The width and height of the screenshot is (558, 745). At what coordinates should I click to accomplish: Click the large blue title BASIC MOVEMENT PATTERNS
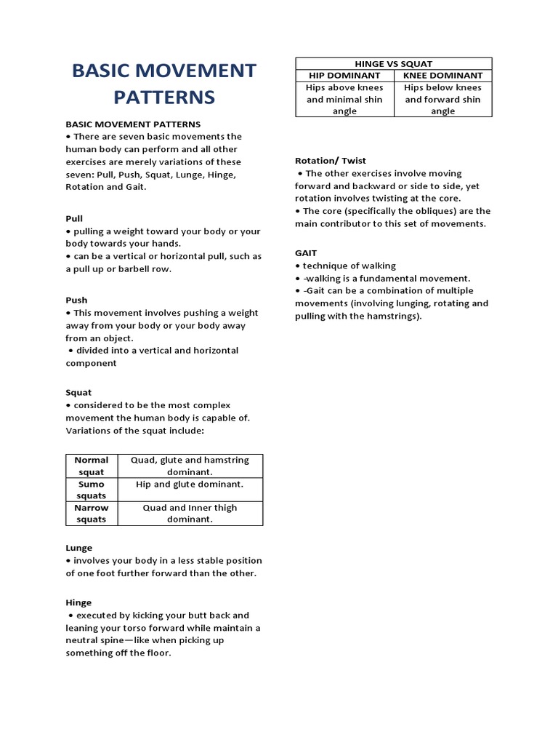pos(163,84)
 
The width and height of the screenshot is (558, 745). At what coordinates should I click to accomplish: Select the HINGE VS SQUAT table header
pos(393,63)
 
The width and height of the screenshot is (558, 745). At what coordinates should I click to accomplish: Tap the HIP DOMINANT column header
pos(344,75)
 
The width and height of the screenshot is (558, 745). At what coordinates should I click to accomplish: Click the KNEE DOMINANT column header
pos(442,75)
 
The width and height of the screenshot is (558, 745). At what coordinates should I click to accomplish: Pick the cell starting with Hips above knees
pos(344,99)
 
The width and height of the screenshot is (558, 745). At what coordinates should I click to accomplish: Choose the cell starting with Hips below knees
pos(442,99)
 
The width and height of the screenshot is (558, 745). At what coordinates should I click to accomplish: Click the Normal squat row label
pos(91,466)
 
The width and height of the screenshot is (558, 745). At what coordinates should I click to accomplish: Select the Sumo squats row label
pos(91,490)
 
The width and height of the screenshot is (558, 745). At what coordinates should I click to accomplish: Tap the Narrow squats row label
pos(91,514)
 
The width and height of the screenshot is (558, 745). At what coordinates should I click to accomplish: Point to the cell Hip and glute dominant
pos(190,484)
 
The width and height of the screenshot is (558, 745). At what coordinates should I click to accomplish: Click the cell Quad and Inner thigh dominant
pos(190,514)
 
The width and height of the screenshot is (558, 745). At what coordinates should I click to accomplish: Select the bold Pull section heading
pos(74,218)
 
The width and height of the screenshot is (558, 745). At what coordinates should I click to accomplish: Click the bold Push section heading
pos(76,300)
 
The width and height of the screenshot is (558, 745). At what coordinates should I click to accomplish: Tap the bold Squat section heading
pos(78,392)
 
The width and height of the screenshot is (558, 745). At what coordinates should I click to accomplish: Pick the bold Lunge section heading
pos(79,548)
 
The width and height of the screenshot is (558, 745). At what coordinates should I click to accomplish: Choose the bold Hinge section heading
pos(78,602)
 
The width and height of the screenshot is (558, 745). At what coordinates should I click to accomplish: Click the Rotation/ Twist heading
pos(331,160)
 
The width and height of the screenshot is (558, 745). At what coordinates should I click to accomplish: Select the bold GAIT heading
pos(306,252)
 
